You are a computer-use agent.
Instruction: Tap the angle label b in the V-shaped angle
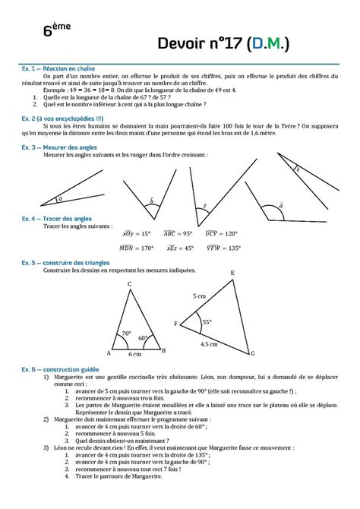click(x=152, y=201)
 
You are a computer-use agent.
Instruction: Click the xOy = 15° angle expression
click(x=137, y=234)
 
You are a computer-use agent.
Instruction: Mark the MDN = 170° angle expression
click(x=137, y=248)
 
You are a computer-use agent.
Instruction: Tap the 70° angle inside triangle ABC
click(x=127, y=334)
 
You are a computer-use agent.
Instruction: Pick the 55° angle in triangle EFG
click(x=206, y=322)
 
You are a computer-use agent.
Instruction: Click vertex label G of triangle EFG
click(x=253, y=354)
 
